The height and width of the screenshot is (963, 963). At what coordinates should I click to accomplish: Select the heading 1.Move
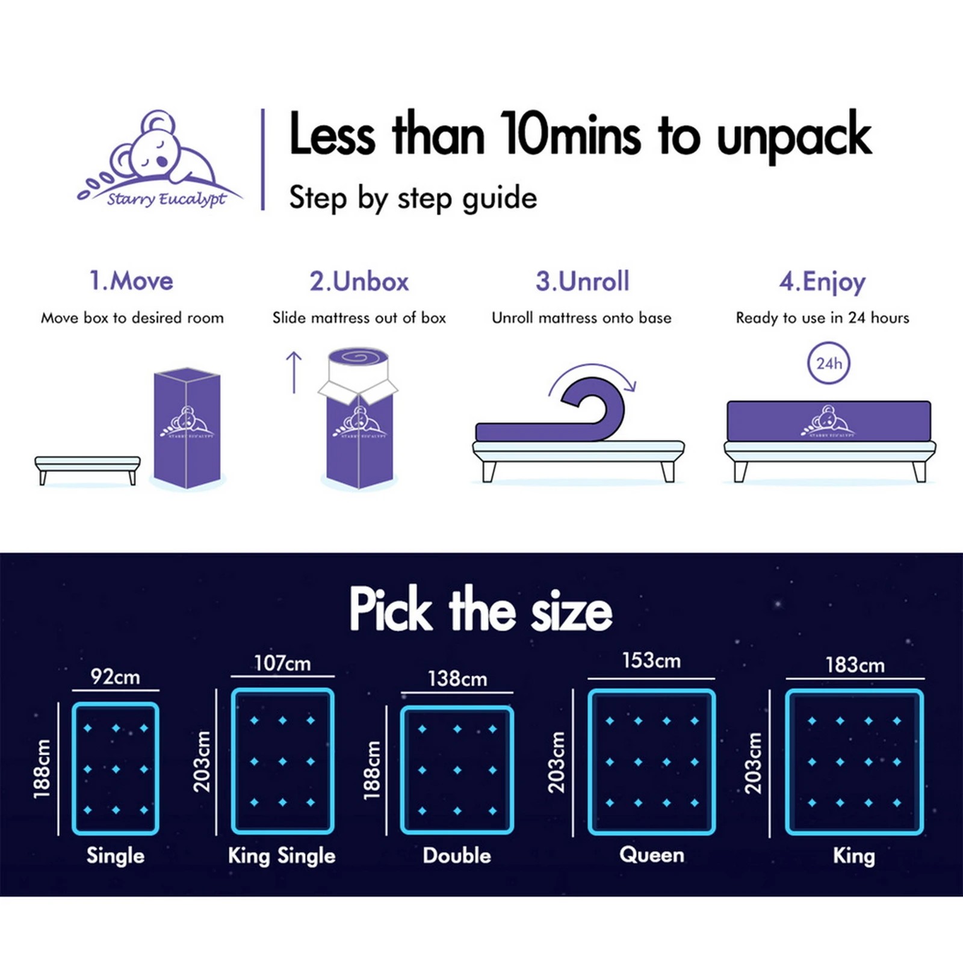[x=131, y=281]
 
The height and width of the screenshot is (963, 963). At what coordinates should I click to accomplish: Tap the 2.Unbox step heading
[x=359, y=281]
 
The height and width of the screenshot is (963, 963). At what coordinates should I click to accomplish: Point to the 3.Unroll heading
[x=583, y=281]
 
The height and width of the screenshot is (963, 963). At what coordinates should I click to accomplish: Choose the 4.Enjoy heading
[x=822, y=282]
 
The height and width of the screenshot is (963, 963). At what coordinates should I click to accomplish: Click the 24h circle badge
[x=829, y=364]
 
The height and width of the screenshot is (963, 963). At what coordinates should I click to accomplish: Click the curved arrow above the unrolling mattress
[x=592, y=376]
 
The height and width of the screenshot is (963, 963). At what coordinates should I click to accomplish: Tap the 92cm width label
[x=116, y=677]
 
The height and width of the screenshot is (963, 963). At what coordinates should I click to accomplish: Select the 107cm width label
[x=282, y=663]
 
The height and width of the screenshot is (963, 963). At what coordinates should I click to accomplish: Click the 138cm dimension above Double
[x=457, y=679]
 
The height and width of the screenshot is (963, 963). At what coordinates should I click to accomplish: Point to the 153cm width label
[x=651, y=661]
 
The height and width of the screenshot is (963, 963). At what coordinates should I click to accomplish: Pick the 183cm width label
[x=855, y=665]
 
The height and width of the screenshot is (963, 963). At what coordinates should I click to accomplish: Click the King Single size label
[x=282, y=855]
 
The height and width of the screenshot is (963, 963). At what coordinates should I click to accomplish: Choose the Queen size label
[x=651, y=855]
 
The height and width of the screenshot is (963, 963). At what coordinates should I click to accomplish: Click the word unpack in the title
[x=794, y=136]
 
